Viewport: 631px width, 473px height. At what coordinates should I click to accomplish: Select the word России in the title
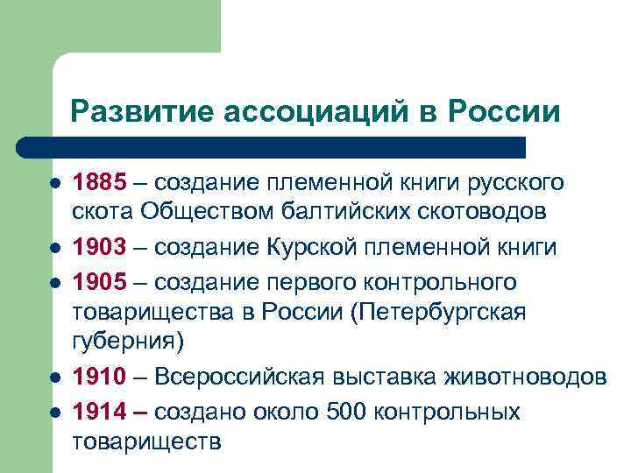pos(505,111)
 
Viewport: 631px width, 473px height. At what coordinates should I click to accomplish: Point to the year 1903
pos(100,248)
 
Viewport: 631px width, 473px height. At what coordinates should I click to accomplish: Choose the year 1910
pos(100,378)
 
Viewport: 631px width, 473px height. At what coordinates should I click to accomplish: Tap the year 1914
pos(100,411)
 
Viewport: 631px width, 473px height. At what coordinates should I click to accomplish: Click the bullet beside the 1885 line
pos(53,184)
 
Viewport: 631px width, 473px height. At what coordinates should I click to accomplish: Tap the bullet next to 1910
pos(53,378)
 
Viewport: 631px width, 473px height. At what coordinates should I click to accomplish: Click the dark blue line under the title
pos(272,146)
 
